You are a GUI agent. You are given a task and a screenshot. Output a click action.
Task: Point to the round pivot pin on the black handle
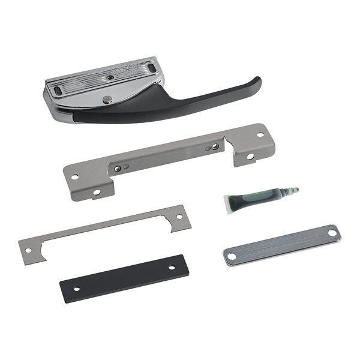[x=106, y=99]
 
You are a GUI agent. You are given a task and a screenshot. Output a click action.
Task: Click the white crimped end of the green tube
[x=232, y=202]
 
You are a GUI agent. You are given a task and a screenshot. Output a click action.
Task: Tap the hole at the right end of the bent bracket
[x=260, y=134]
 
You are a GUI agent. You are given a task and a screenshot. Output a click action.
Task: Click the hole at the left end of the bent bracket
[x=75, y=178]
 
